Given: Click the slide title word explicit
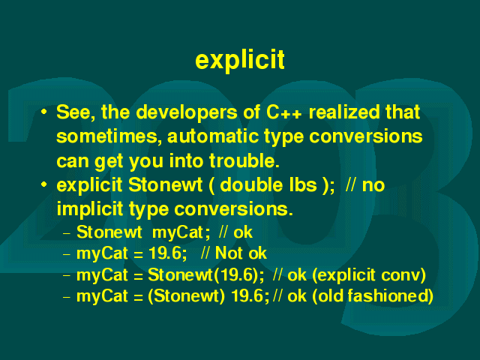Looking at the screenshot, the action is pos(240,60).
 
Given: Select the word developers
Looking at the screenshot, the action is pos(187,113).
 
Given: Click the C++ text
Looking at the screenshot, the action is pos(283,112).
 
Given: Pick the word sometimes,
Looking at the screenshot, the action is pos(109,136).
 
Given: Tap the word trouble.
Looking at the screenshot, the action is pos(244,160).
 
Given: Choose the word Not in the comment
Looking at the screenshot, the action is pos(229,253).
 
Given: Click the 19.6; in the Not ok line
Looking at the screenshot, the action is pos(167,253).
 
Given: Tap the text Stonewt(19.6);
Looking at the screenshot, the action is pos(205,275).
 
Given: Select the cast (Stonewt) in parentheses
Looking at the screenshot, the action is pos(187,296).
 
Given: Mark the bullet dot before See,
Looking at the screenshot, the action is pos(44,112).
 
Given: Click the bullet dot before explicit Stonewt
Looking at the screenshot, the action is pos(44,184).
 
